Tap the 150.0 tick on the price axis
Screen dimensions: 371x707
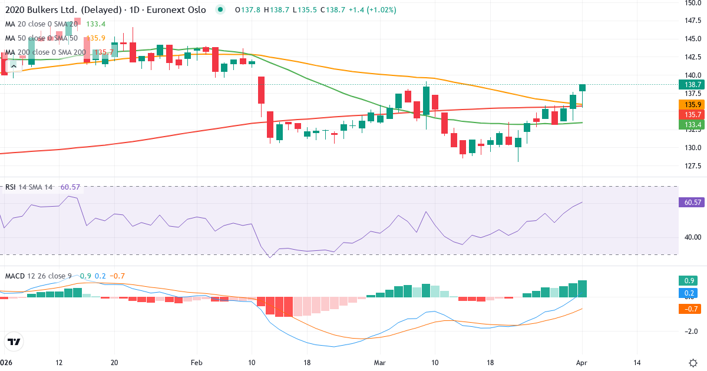point(692,4)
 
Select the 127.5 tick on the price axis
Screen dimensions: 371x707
point(692,165)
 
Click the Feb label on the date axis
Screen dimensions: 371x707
point(197,362)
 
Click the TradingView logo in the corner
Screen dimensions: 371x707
point(14,342)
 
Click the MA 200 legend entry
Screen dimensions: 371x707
point(46,52)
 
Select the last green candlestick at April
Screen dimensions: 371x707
point(583,88)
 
